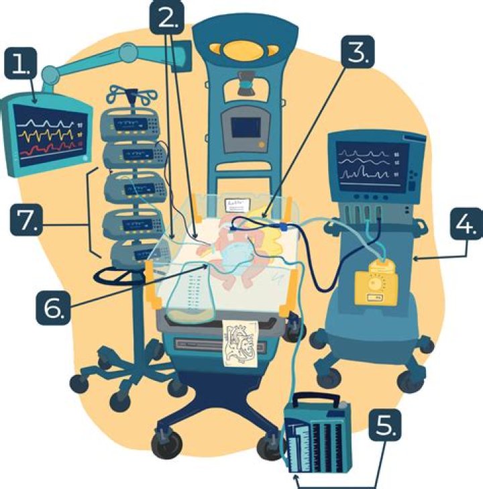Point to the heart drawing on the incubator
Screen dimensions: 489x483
[x=240, y=343]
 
